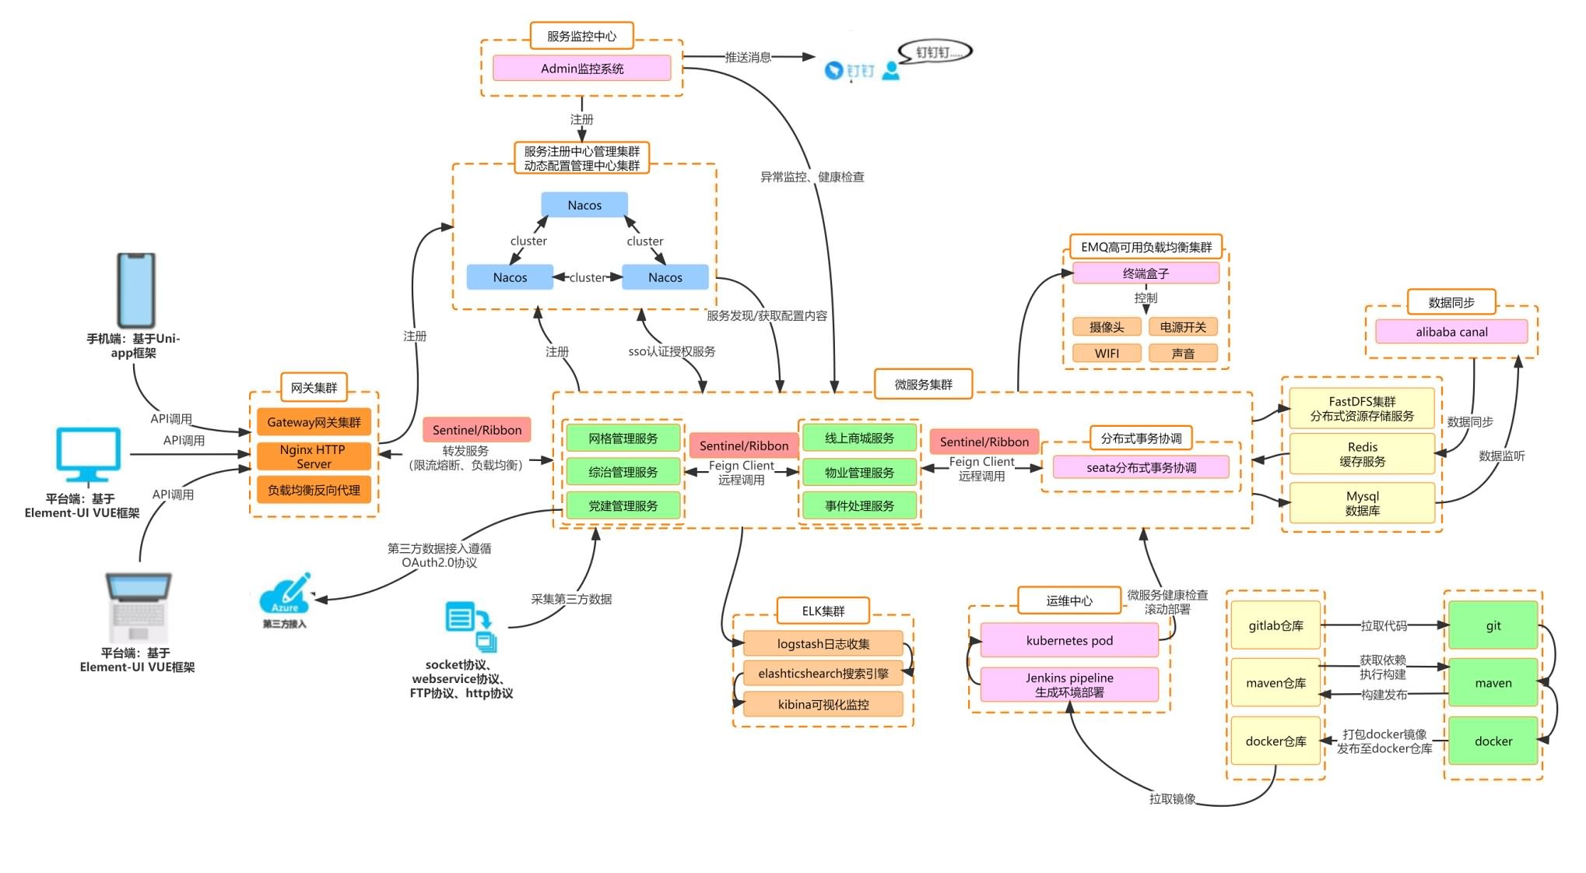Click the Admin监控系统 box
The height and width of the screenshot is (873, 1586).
tap(582, 69)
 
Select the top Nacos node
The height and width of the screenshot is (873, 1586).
tap(584, 205)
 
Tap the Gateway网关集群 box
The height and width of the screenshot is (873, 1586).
tap(314, 422)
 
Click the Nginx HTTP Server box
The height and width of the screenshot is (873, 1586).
tap(314, 456)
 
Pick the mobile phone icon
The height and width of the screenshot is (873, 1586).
tap(136, 290)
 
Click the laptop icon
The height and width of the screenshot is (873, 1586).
tap(138, 607)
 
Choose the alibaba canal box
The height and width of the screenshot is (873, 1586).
tap(1451, 332)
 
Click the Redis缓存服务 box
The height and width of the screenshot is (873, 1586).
tap(1362, 454)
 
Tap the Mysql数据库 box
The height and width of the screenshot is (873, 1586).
tap(1362, 503)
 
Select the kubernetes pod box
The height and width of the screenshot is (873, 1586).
tap(1069, 640)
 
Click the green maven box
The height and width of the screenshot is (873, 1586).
tap(1493, 683)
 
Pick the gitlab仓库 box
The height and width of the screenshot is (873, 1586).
tap(1275, 625)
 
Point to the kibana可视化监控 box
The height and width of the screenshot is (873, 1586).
tap(823, 704)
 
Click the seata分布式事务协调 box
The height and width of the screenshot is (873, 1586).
tap(1141, 467)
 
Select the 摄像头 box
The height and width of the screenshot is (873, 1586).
tap(1107, 327)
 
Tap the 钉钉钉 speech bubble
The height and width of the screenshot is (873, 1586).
tap(935, 52)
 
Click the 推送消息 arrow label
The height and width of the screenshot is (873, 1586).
tap(748, 57)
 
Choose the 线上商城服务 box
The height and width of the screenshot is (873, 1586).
tap(859, 438)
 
